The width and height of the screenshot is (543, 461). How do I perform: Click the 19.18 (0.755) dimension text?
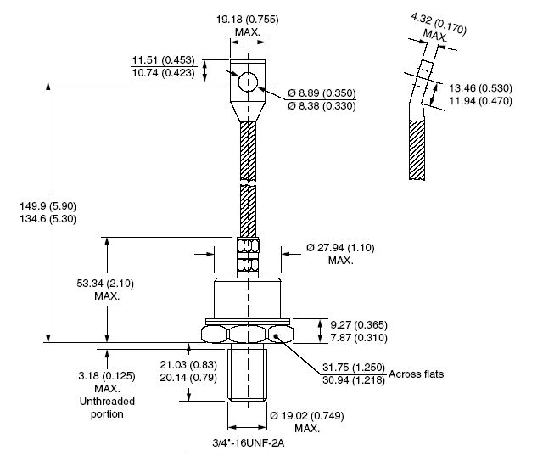(x=247, y=19)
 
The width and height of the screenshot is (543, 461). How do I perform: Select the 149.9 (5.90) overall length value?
(x=48, y=206)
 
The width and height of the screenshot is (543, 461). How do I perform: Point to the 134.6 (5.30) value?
(x=48, y=219)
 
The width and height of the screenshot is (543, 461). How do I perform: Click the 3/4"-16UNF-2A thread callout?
(x=249, y=442)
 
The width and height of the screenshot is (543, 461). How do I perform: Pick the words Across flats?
(x=416, y=374)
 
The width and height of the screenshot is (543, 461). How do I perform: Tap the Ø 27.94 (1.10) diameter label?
(x=340, y=248)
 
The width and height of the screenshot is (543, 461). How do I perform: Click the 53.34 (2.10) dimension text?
(x=105, y=284)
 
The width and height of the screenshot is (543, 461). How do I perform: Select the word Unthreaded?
(x=107, y=401)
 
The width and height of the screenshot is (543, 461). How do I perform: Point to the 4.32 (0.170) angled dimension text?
(x=439, y=24)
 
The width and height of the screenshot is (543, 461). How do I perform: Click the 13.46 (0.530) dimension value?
(x=481, y=88)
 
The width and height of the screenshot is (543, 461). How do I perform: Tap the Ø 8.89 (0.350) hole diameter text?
(x=322, y=93)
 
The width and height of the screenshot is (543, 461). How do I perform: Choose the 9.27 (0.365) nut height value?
(x=359, y=325)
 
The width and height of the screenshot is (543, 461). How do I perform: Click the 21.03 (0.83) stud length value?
(x=188, y=365)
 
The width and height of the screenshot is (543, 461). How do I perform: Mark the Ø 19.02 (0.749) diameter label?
(x=307, y=415)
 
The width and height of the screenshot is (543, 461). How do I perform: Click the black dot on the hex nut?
(x=276, y=335)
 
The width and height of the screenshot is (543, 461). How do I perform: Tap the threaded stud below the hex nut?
(x=247, y=374)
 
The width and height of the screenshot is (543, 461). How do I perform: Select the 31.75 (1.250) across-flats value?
(x=354, y=367)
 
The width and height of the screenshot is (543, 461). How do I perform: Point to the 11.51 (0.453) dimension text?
(x=164, y=60)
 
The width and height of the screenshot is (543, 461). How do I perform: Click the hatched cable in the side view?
(x=417, y=150)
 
